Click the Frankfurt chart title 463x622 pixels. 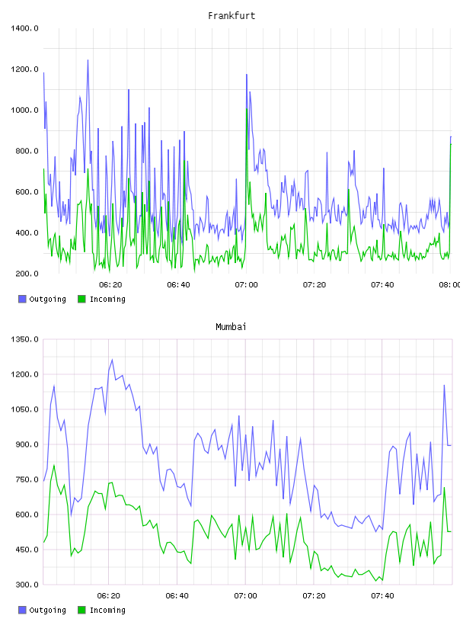231,15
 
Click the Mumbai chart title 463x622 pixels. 231,326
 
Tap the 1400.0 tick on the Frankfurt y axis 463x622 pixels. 24,28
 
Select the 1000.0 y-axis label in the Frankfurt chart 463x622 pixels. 24,110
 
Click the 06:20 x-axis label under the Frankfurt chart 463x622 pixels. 110,284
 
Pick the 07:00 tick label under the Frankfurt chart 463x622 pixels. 246,284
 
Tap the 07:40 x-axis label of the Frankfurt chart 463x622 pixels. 382,284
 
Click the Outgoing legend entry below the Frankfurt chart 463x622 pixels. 42,299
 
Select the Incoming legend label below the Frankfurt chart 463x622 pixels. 107,299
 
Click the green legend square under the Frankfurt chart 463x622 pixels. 81,299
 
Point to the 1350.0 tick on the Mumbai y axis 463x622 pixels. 24,339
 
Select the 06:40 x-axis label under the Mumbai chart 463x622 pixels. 177,595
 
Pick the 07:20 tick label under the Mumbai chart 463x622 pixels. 314,595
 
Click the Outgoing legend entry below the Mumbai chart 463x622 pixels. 42,610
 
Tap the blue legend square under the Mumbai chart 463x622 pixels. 22,610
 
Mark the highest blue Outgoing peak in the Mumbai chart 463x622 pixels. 112,360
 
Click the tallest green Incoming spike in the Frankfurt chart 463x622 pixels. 247,109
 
